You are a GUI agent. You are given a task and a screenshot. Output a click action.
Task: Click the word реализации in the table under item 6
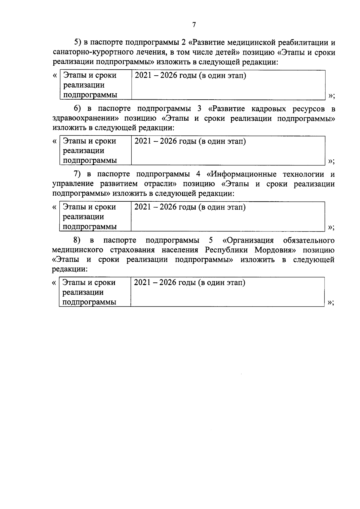(x=84, y=151)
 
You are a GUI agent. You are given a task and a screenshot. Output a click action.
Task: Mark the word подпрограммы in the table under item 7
(x=90, y=227)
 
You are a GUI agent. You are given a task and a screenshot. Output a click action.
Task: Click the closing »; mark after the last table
(x=331, y=303)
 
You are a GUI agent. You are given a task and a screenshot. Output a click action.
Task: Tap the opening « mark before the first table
(x=55, y=75)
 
